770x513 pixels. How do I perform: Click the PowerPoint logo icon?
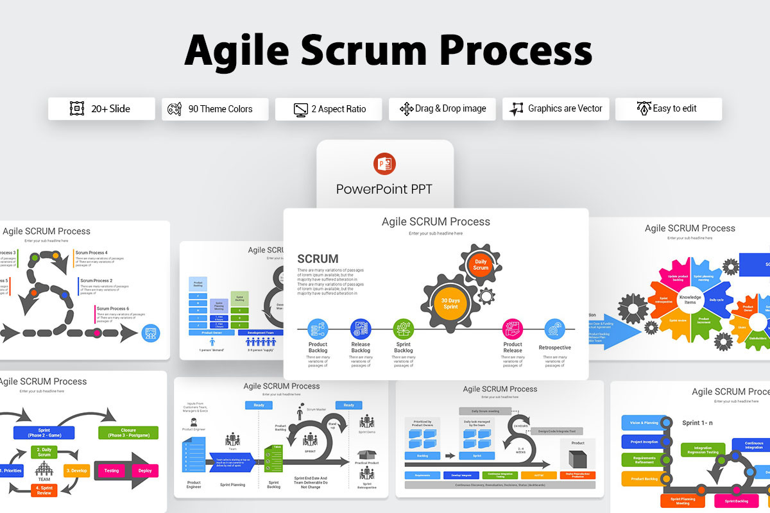click(384, 164)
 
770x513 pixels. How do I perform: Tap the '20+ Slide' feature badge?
click(101, 109)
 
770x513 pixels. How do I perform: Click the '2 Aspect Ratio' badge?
click(329, 109)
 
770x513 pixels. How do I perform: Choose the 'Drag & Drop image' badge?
click(442, 109)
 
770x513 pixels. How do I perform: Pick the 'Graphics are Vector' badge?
click(556, 109)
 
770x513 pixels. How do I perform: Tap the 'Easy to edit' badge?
click(668, 109)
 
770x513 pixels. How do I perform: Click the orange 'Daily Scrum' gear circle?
click(481, 265)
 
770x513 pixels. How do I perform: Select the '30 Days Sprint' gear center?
click(450, 303)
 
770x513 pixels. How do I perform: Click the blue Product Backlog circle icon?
click(318, 329)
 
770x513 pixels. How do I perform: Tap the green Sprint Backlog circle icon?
click(403, 329)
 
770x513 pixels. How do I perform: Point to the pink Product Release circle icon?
click(512, 329)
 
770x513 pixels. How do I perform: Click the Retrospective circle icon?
click(554, 329)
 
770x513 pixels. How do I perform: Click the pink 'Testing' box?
click(112, 471)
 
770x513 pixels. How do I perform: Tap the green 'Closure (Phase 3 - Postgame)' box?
click(128, 432)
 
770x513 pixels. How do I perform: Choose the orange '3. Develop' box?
click(76, 471)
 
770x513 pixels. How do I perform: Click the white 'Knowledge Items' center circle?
click(690, 299)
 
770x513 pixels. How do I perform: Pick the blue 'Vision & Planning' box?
click(644, 423)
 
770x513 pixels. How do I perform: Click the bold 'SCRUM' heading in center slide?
click(318, 259)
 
